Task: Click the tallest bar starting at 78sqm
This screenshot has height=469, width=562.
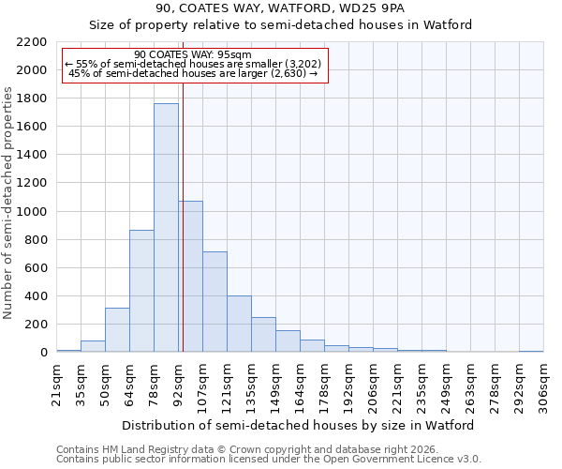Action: click(166, 228)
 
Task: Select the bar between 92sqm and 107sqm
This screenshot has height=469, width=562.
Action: click(190, 277)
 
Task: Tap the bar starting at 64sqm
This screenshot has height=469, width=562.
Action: click(141, 291)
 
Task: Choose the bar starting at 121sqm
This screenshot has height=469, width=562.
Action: click(239, 324)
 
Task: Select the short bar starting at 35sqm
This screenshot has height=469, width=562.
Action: click(93, 346)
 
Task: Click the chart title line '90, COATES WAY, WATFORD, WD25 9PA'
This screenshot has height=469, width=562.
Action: click(280, 9)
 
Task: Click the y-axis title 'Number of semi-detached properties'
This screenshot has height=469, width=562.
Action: click(8, 202)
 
